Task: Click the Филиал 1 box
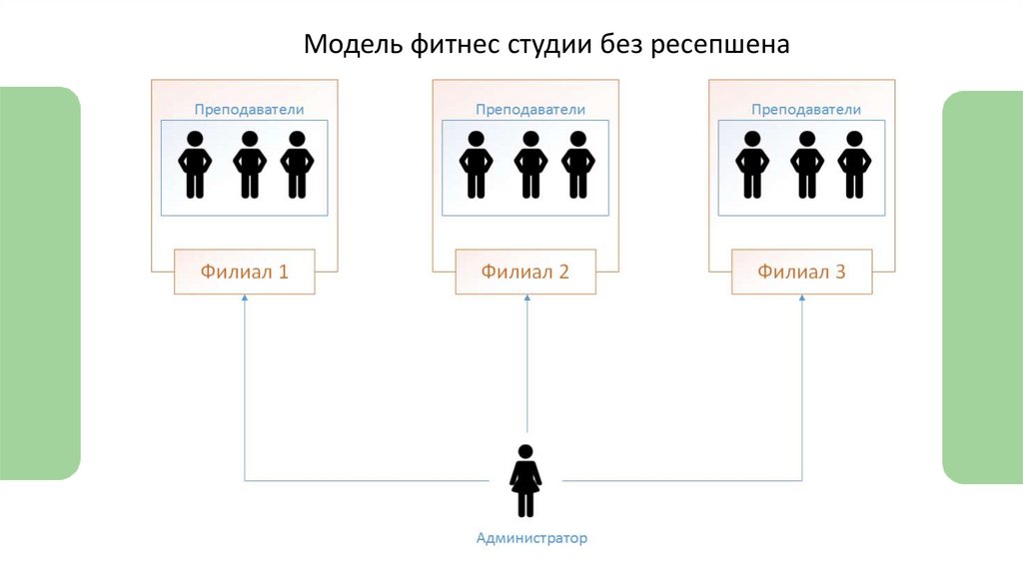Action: pos(245,271)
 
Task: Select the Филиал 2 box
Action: pos(525,271)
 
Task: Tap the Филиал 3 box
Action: pos(801,271)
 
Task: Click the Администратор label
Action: pos(531,538)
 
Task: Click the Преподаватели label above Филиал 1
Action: pos(249,110)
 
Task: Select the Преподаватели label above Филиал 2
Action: pos(530,110)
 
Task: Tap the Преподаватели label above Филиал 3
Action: pos(806,110)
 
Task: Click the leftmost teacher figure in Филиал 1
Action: pos(196,165)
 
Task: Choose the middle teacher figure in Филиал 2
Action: pos(530,165)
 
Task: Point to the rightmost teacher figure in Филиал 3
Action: pos(853,165)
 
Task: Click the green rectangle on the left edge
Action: pos(39,284)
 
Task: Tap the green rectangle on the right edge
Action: pos(983,287)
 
